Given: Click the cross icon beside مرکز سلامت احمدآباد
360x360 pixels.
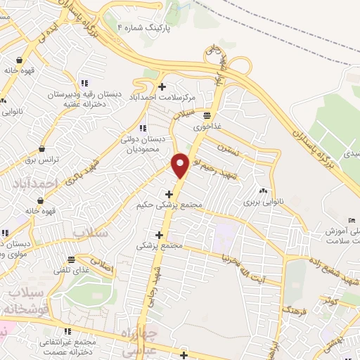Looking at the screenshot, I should tap(162, 87).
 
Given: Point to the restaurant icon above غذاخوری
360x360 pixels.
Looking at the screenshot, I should tap(207, 115).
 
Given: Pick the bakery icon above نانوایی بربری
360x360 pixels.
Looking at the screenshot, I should tap(263, 191).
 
